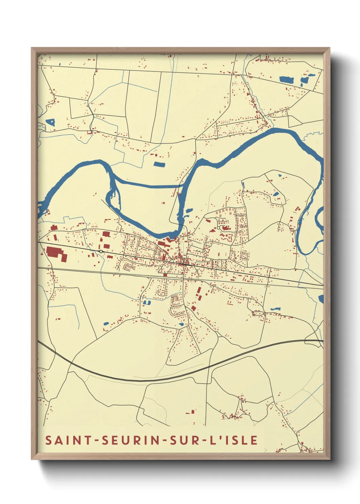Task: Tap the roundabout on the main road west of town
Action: click(101, 251)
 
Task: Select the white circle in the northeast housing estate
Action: click(218, 228)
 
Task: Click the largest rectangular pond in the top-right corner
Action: click(286, 80)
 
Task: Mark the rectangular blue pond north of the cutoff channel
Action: click(159, 164)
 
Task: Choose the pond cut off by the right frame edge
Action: click(321, 299)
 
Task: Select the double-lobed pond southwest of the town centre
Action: click(147, 302)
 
